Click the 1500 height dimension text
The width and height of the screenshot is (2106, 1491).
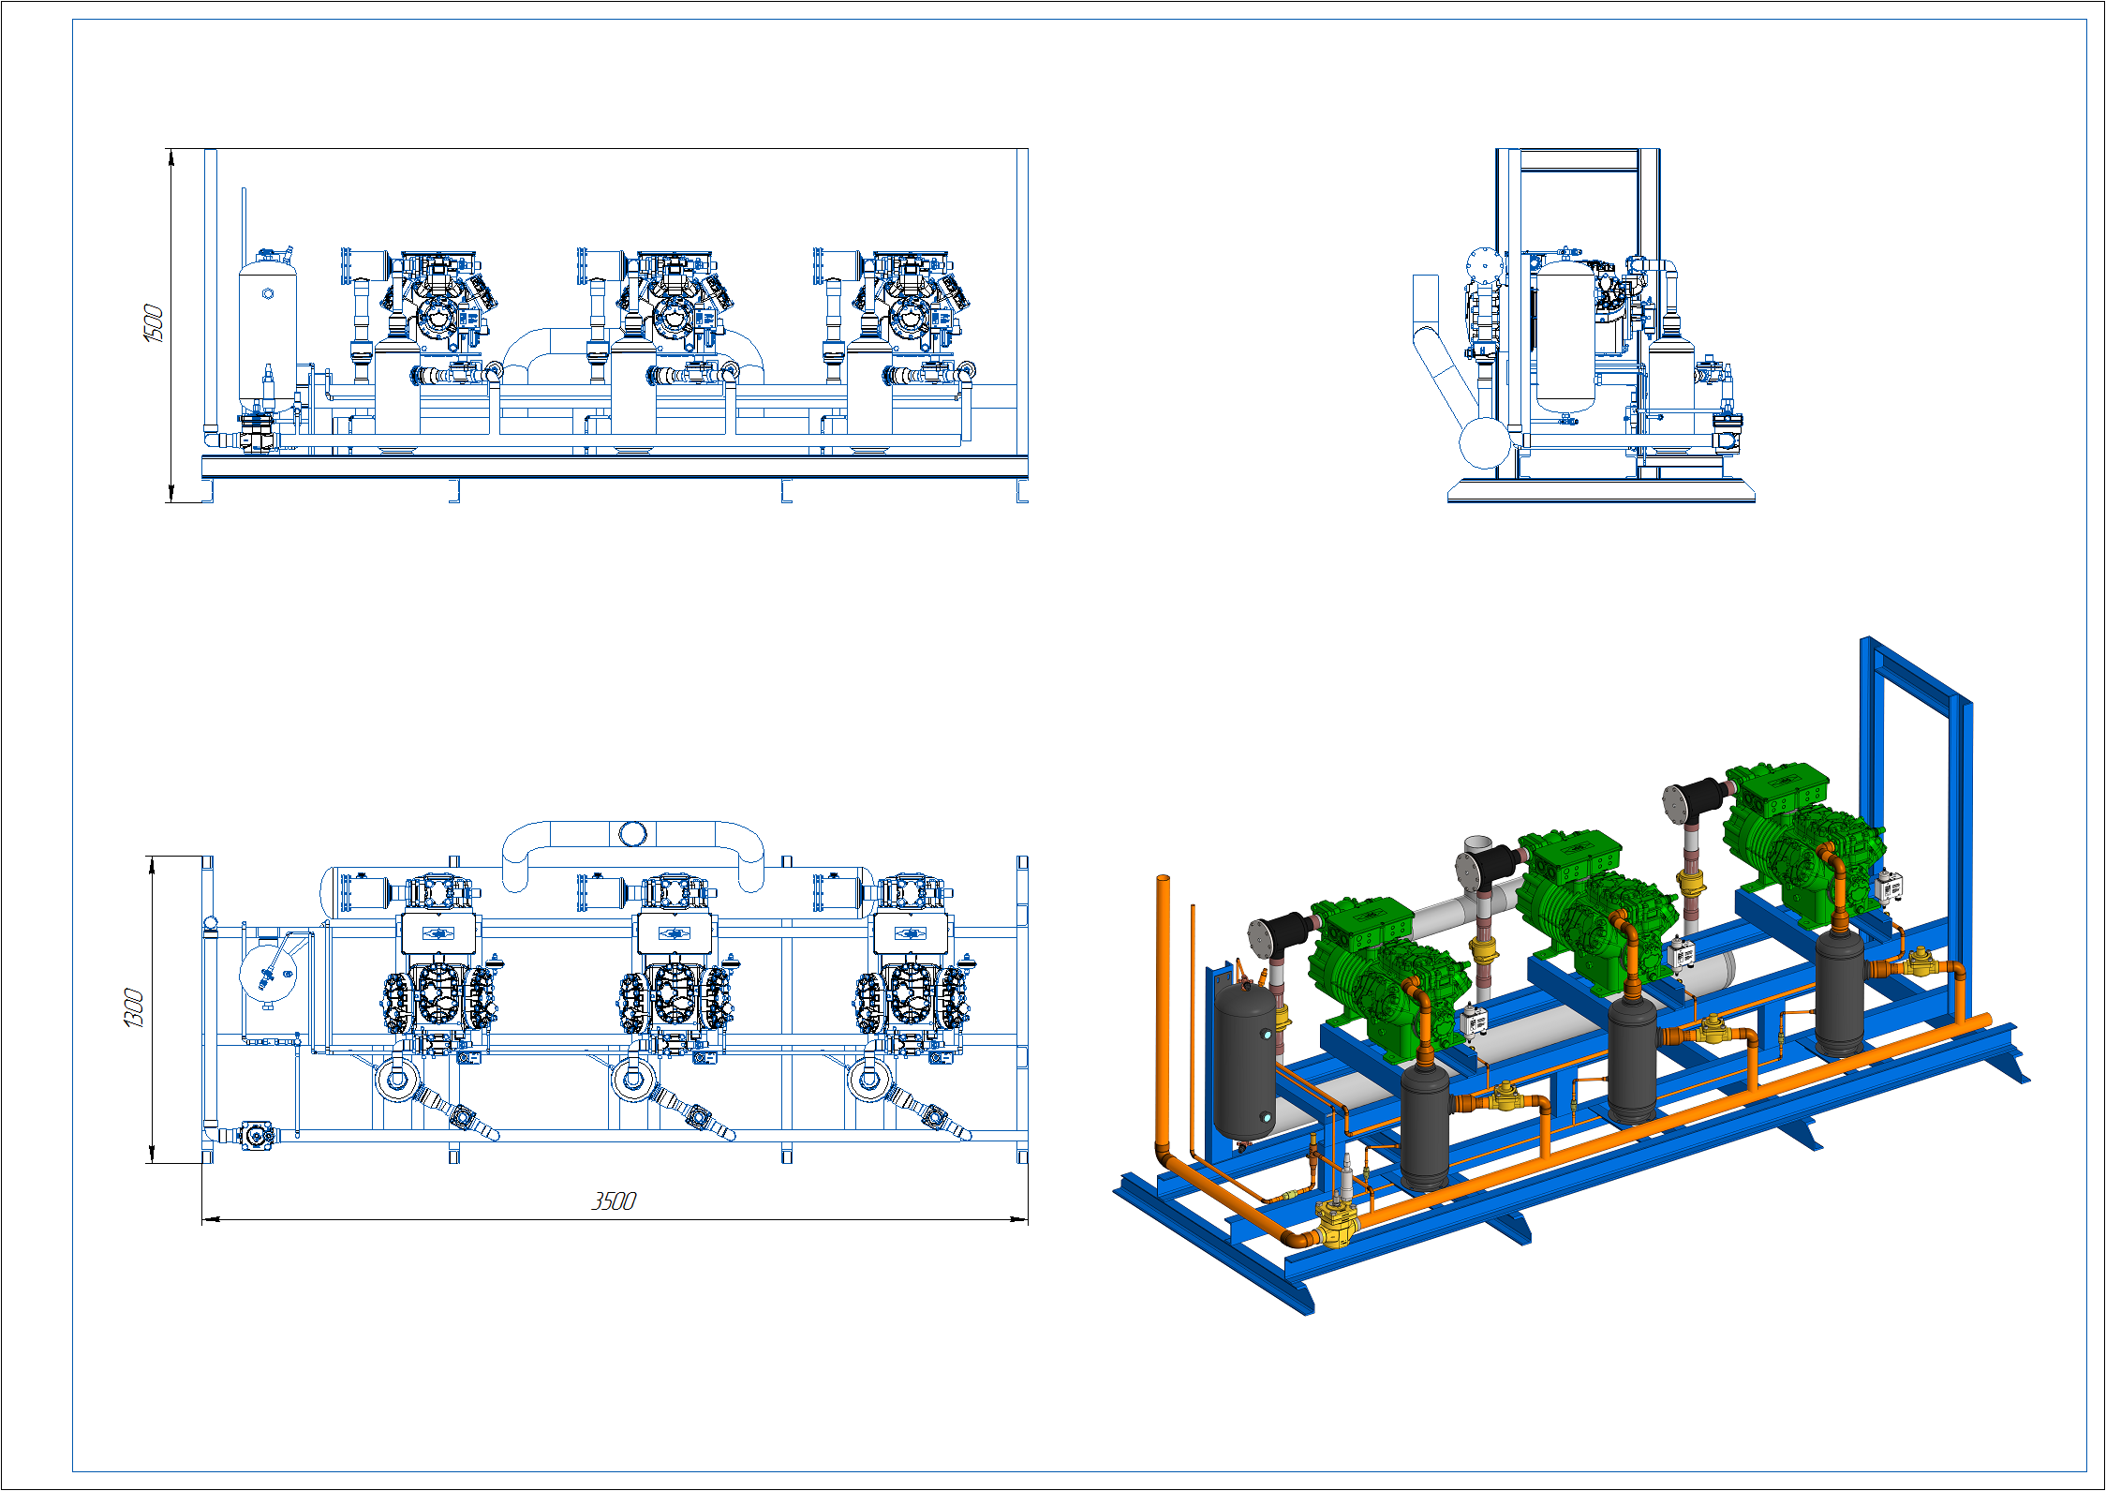pos(153,323)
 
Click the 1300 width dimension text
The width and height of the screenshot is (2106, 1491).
pos(133,1007)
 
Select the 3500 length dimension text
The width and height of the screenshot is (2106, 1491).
pos(614,1201)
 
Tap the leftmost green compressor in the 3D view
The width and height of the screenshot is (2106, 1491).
pos(1387,975)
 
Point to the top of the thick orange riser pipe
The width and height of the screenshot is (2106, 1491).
pos(1163,879)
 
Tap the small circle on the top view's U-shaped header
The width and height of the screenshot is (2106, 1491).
pos(632,833)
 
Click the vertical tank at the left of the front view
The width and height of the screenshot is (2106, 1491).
pos(267,333)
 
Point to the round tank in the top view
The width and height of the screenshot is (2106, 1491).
pos(268,975)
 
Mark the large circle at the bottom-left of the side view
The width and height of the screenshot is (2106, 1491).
pos(1484,442)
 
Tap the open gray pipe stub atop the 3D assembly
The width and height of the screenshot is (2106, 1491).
pos(1477,846)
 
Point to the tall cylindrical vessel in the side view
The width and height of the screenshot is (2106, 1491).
pos(1565,337)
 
